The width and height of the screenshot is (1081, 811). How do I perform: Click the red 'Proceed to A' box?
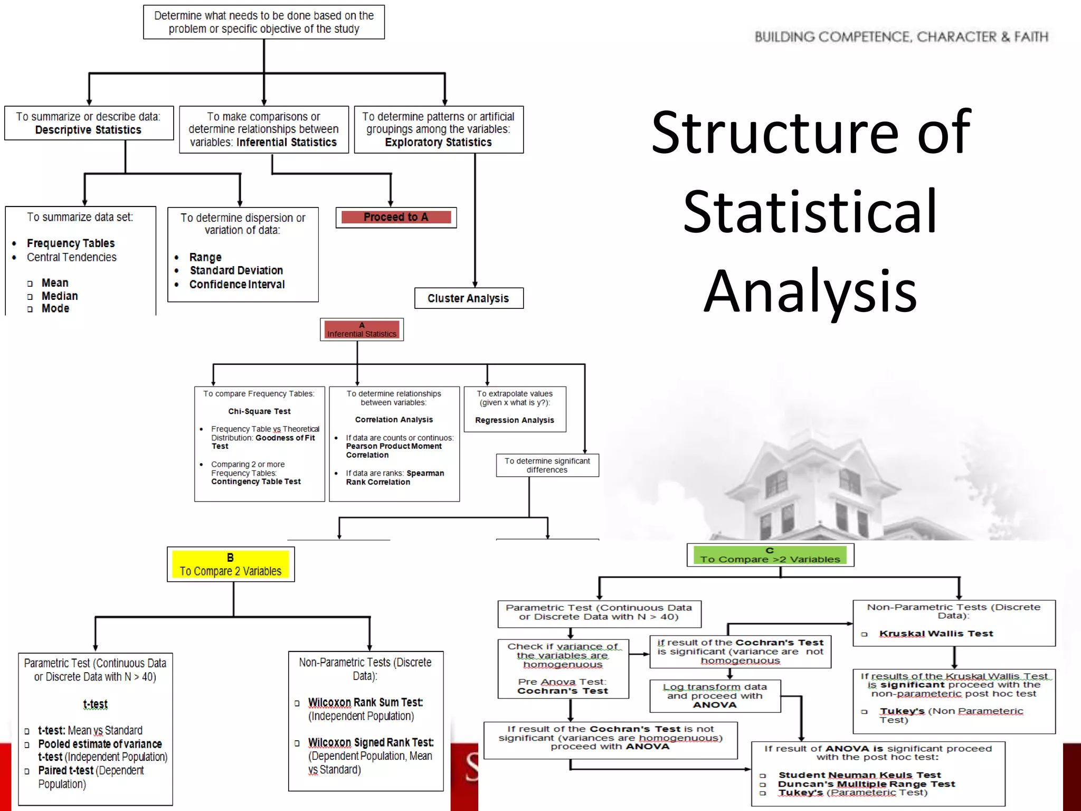[x=396, y=217]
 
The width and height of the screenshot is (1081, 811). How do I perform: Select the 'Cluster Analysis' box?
[x=468, y=298]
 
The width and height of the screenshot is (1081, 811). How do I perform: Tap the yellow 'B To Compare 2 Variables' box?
[x=231, y=564]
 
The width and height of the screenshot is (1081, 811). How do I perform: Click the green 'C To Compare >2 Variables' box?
[x=770, y=555]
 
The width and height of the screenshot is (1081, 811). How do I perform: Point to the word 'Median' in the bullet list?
[x=60, y=296]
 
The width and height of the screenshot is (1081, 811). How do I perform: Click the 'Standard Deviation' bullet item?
[x=236, y=270]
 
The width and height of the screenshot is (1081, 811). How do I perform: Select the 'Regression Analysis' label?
[x=514, y=420]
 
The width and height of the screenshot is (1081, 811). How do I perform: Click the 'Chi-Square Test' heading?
[x=259, y=411]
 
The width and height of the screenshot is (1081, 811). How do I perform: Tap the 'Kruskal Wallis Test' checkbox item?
[x=936, y=634]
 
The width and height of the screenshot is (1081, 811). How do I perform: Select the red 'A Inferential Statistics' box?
[x=362, y=329]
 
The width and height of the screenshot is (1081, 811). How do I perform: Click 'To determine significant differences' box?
[x=547, y=465]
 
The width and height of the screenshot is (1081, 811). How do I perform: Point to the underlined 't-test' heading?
[x=95, y=704]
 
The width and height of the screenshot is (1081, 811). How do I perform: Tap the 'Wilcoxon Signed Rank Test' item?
[x=371, y=742]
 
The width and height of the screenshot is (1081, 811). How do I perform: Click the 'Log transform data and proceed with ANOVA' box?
[x=715, y=696]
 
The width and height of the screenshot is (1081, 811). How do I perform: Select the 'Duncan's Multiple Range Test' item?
[x=866, y=784]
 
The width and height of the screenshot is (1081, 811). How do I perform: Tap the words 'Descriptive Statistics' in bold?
[x=88, y=130]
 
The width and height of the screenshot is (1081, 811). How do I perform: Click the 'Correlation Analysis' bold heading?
[x=394, y=420]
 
